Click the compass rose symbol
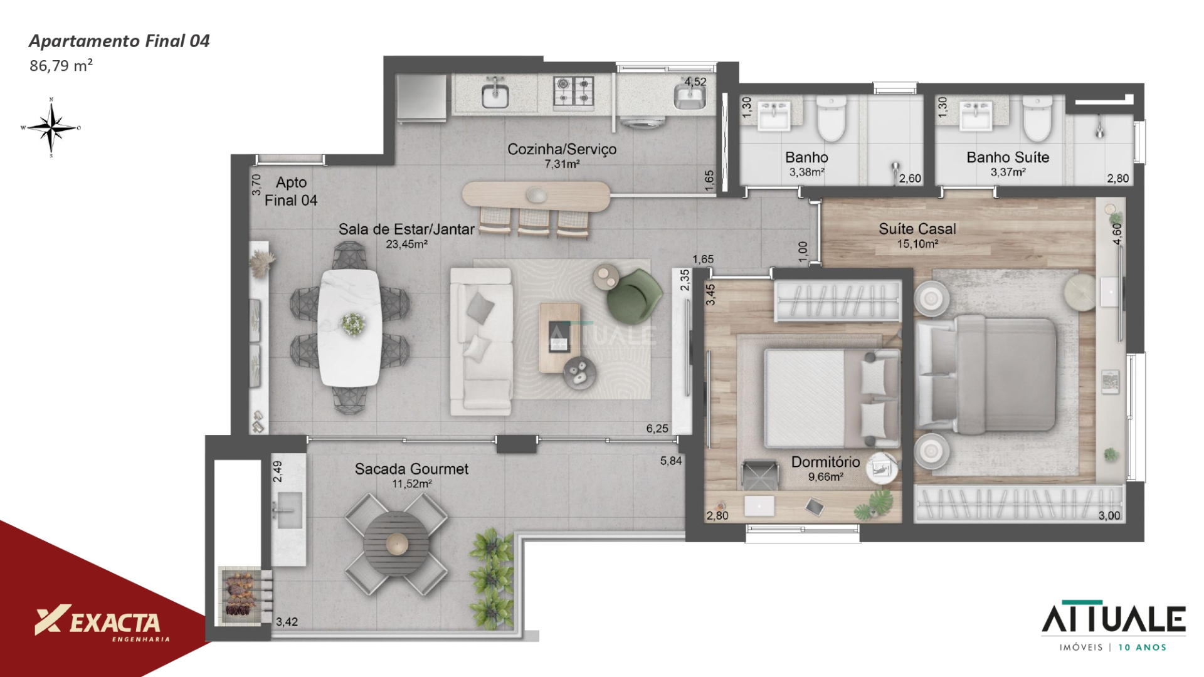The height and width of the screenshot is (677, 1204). pos(51,127)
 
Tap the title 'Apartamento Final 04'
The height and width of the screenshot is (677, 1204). pos(119,41)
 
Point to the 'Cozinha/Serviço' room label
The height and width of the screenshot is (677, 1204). pos(562,149)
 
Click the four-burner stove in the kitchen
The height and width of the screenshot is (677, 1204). pos(573,91)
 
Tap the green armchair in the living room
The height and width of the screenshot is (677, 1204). pos(634,295)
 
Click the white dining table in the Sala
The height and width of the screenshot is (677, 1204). pos(349,327)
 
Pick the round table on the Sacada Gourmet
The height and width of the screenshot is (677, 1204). pos(396,543)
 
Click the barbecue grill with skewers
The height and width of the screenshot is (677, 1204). pos(239,596)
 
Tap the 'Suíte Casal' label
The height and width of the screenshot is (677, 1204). pos(917,229)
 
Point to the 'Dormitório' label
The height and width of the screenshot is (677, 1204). pos(825,462)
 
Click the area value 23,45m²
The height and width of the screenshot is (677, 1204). pos(406,244)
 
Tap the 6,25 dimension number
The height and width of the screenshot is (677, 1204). pos(657,429)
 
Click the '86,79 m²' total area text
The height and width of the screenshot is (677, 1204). pos(61,66)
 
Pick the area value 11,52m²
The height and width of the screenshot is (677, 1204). pos(412,484)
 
